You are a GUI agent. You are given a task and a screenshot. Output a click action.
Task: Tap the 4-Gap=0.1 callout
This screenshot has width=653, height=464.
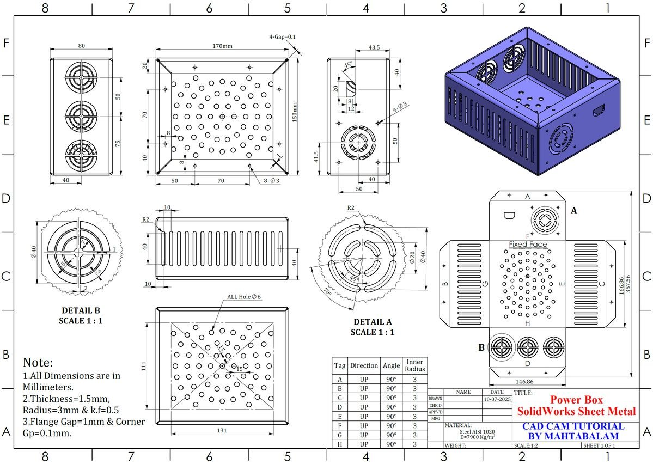pyautogui.click(x=282, y=36)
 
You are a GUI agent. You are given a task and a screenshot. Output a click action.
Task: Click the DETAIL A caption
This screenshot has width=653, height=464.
pyautogui.click(x=373, y=322)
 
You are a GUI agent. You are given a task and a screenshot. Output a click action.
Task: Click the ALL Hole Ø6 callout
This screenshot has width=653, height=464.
pyautogui.click(x=245, y=297)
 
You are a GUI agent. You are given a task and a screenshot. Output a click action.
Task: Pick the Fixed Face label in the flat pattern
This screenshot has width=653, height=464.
pyautogui.click(x=528, y=245)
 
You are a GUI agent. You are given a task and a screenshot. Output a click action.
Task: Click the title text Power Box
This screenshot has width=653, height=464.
pyautogui.click(x=576, y=400)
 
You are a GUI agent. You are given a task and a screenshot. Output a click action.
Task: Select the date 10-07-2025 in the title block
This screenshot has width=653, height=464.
pyautogui.click(x=497, y=399)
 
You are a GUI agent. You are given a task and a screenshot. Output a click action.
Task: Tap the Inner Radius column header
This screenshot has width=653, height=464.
pyautogui.click(x=415, y=365)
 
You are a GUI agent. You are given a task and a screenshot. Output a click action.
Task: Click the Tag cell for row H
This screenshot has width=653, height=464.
pyautogui.click(x=340, y=444)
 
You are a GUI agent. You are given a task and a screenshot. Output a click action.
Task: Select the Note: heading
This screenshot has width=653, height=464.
pyautogui.click(x=38, y=362)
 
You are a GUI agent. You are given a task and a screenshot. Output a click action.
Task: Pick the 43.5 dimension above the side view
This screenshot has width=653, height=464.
pyautogui.click(x=374, y=48)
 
